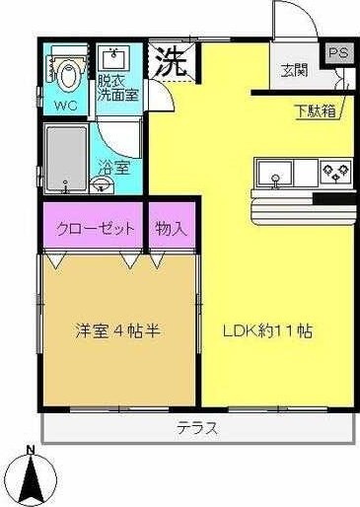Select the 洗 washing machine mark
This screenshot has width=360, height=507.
point(171,62)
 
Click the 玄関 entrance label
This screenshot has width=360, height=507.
point(293,70)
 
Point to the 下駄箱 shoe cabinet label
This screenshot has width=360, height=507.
point(315,110)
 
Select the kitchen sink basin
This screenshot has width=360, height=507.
point(275,175)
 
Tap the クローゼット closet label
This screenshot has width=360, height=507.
point(94,229)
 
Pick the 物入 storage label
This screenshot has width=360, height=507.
point(171,229)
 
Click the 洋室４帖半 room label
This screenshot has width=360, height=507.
point(118,329)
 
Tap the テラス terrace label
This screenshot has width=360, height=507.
point(196,428)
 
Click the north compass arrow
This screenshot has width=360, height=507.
point(32,480)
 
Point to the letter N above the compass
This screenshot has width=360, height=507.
point(32,452)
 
